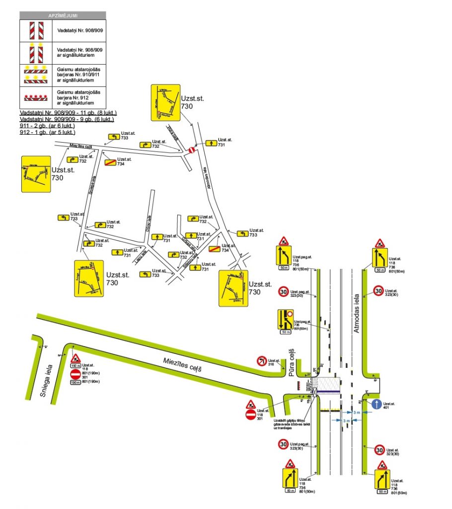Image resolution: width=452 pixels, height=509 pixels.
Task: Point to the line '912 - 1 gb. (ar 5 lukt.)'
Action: pos(48,132)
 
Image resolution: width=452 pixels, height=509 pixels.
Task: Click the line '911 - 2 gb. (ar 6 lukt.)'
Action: pos(48,126)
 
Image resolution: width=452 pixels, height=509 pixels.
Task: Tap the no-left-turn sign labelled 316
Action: pos(261,361)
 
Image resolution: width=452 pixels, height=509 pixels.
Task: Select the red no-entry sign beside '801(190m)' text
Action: pos(75,373)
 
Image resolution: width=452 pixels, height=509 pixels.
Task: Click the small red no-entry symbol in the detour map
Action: pos(192,150)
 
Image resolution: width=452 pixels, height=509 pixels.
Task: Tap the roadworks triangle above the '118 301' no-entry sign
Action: pos(251,404)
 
